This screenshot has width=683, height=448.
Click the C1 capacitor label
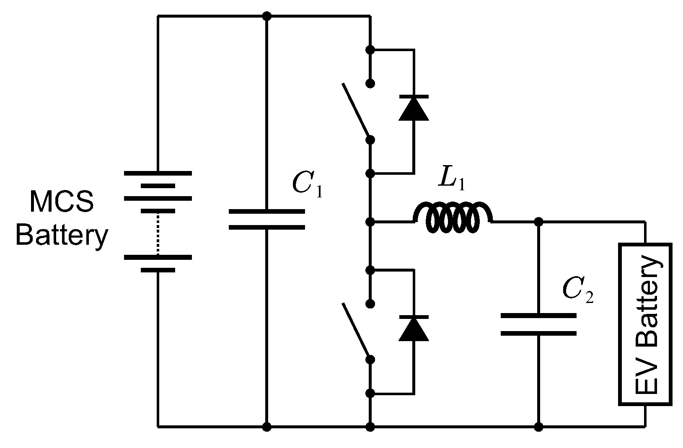[x=308, y=184]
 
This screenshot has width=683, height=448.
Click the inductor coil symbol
[x=453, y=218]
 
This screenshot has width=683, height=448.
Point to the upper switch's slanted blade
[x=356, y=111]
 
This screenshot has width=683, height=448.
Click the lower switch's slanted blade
[x=356, y=331]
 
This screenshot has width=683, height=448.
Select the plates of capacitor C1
[x=267, y=220]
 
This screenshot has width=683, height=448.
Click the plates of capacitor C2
[x=538, y=324]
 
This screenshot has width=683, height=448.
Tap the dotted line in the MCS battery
[x=158, y=233]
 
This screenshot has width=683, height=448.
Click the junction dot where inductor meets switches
[x=370, y=221]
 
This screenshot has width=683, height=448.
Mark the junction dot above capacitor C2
[x=539, y=221]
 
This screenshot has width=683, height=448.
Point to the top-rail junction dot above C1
[x=267, y=16]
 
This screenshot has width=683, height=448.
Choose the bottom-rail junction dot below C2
[x=539, y=427]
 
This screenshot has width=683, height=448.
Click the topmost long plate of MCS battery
[x=158, y=173]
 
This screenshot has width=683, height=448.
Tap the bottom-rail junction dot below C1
[x=267, y=427]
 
